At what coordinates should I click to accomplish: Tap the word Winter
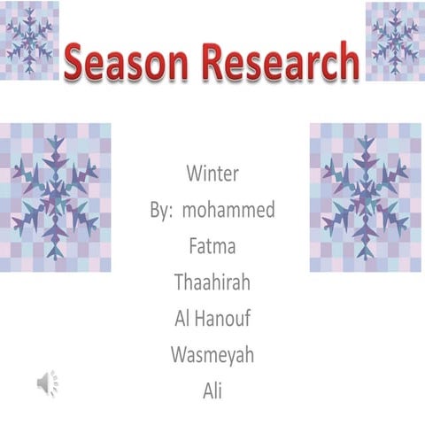(x=212, y=172)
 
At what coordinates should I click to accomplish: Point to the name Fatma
(x=212, y=245)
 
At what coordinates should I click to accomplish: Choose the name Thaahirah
(x=212, y=282)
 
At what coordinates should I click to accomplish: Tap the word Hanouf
(x=223, y=319)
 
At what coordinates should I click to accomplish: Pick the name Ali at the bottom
(x=212, y=389)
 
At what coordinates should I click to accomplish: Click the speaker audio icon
(x=48, y=382)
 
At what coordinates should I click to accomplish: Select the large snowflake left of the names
(x=56, y=197)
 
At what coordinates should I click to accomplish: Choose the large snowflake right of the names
(x=366, y=197)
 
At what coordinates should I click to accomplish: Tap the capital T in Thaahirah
(x=181, y=282)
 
